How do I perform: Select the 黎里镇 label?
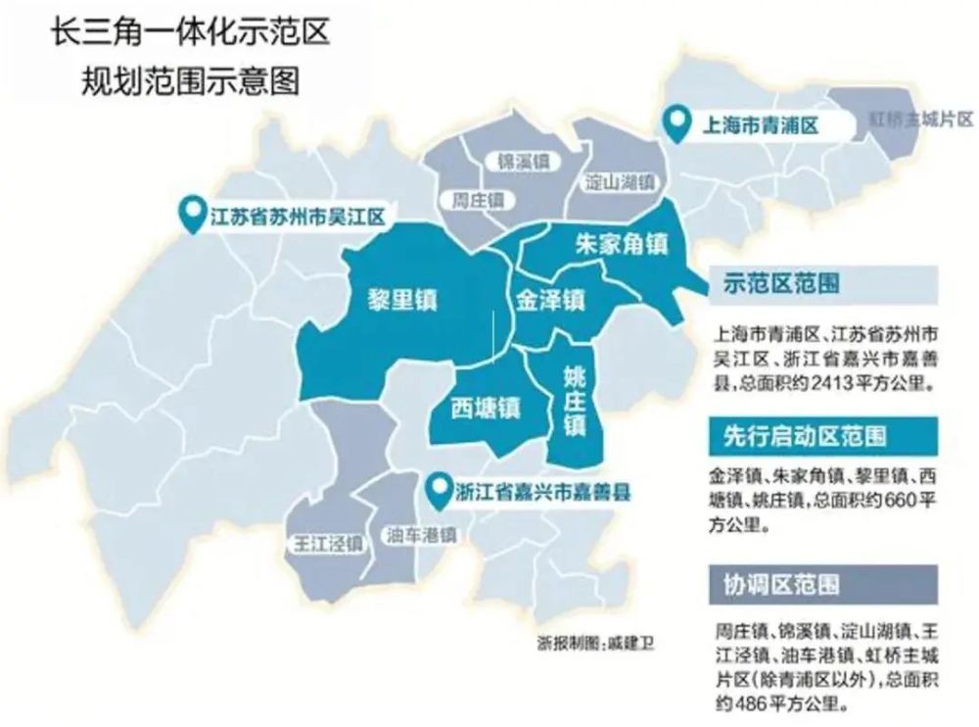402,299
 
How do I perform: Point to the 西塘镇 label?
485,406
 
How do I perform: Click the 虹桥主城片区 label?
920,120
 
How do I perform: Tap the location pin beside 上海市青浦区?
675,122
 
